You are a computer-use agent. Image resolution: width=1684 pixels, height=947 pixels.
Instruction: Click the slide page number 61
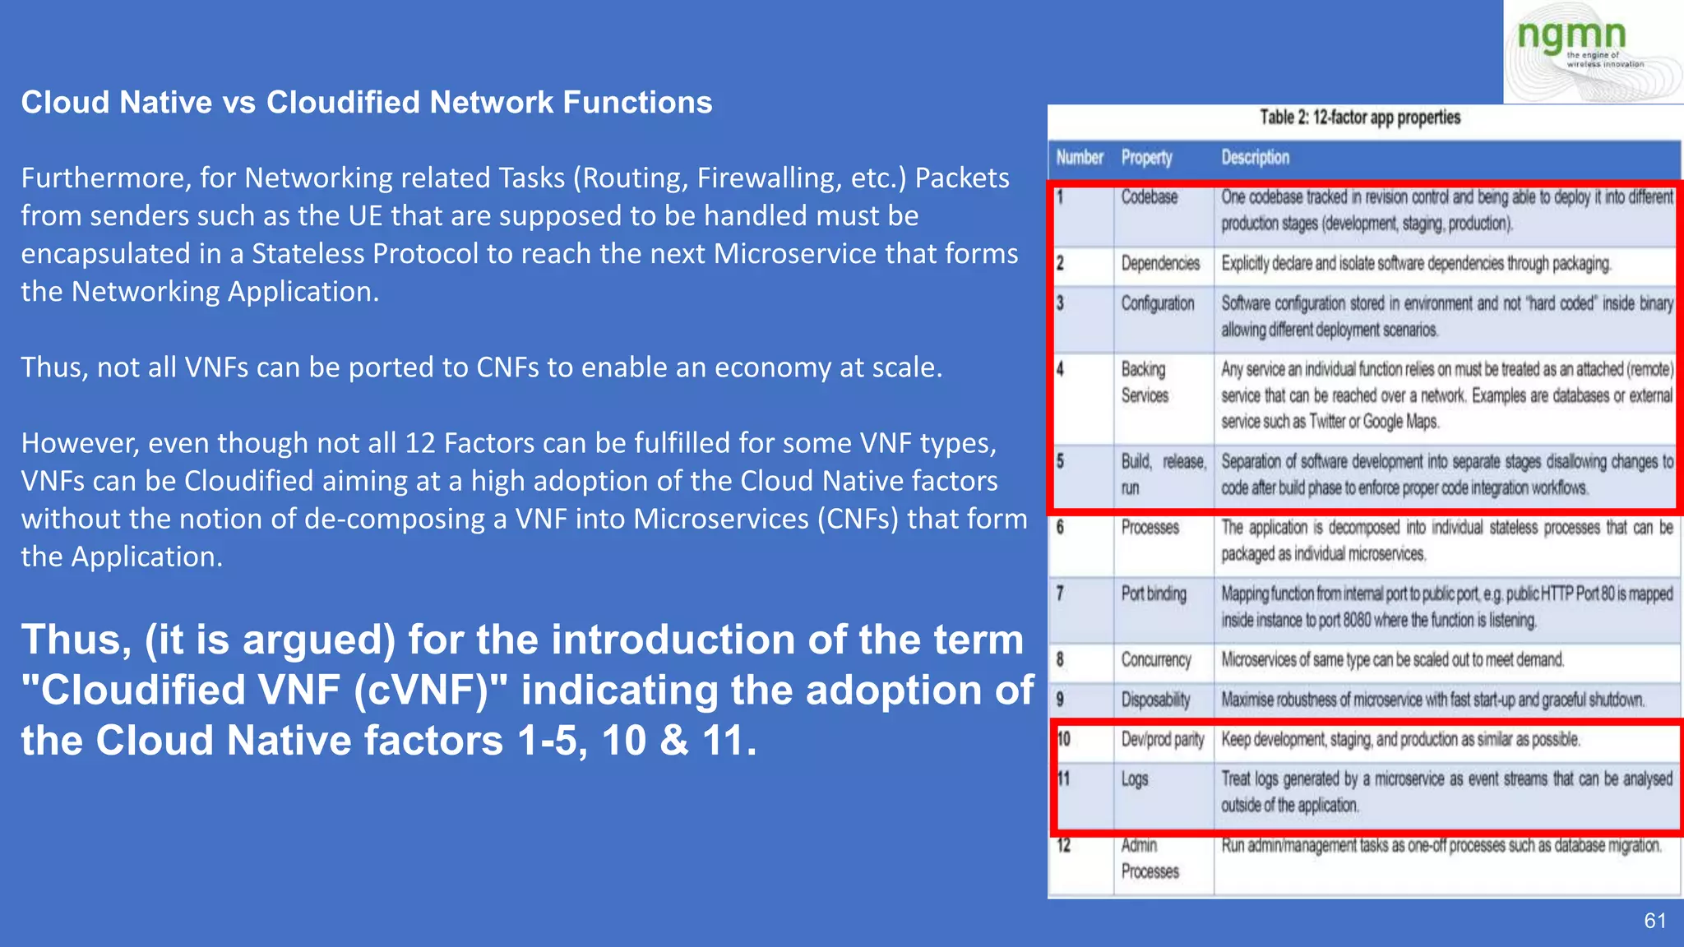point(1654,921)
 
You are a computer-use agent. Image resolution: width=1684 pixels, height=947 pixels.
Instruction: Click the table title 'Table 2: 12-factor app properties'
point(1360,118)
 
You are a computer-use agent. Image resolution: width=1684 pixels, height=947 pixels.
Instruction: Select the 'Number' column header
point(1079,157)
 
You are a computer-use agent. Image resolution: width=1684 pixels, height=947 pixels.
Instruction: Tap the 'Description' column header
point(1255,157)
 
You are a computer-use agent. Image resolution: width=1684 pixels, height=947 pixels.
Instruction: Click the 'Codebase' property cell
point(1150,197)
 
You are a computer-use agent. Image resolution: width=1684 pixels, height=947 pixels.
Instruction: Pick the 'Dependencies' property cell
point(1160,263)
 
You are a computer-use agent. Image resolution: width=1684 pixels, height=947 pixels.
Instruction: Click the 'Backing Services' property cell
point(1145,382)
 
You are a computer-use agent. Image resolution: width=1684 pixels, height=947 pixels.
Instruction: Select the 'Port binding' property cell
point(1154,594)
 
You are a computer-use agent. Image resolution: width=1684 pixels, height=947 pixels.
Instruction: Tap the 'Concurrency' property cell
point(1155,660)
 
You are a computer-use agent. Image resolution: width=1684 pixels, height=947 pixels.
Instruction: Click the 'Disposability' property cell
point(1155,700)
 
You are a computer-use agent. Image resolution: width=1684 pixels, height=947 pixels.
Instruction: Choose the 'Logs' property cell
point(1135,779)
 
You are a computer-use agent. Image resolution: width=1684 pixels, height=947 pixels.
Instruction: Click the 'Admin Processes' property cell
point(1149,858)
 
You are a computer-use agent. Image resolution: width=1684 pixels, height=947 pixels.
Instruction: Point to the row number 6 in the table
point(1060,528)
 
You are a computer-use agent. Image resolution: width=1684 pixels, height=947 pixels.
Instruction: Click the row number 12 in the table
point(1063,845)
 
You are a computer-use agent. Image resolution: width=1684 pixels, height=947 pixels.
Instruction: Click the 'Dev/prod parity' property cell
point(1162,740)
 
